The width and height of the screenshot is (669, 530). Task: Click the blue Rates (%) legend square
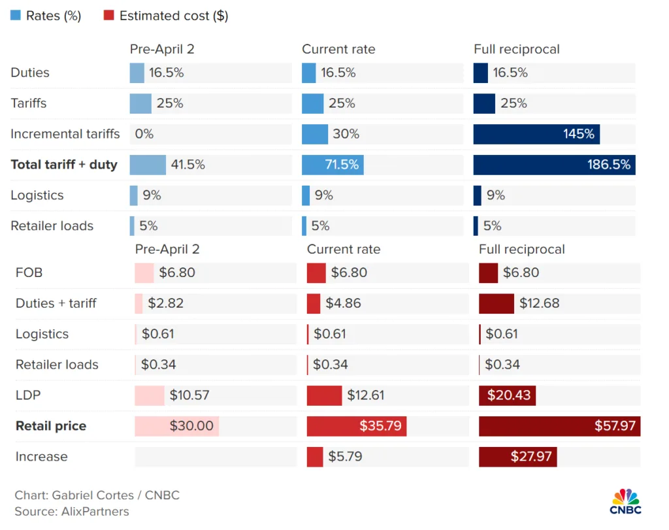[x=16, y=16]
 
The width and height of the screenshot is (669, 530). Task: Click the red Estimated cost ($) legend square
[x=109, y=16]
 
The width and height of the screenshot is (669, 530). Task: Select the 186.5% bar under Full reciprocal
[x=554, y=165]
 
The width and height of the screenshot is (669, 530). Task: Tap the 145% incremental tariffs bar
[x=536, y=134]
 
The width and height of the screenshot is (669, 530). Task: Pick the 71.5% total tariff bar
[x=333, y=165]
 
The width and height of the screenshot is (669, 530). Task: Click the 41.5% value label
[x=188, y=165]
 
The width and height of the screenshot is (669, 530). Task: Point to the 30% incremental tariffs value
[x=346, y=134]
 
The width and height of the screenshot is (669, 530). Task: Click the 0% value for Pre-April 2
[x=144, y=134]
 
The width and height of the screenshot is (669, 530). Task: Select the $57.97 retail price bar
[x=559, y=426]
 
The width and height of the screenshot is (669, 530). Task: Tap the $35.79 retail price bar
[x=357, y=426]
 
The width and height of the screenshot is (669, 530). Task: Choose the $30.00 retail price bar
[x=176, y=426]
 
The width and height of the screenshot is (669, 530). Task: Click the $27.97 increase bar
[x=517, y=456]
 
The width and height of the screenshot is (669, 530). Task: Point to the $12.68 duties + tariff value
[x=539, y=303]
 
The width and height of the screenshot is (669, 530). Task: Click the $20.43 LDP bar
[x=507, y=395]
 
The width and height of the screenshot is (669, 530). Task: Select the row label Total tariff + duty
[x=64, y=165]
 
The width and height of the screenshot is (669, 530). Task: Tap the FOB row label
[x=29, y=273]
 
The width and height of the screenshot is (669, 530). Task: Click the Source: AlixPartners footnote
[x=72, y=512]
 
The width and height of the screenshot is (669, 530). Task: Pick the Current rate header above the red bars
[x=343, y=249]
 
